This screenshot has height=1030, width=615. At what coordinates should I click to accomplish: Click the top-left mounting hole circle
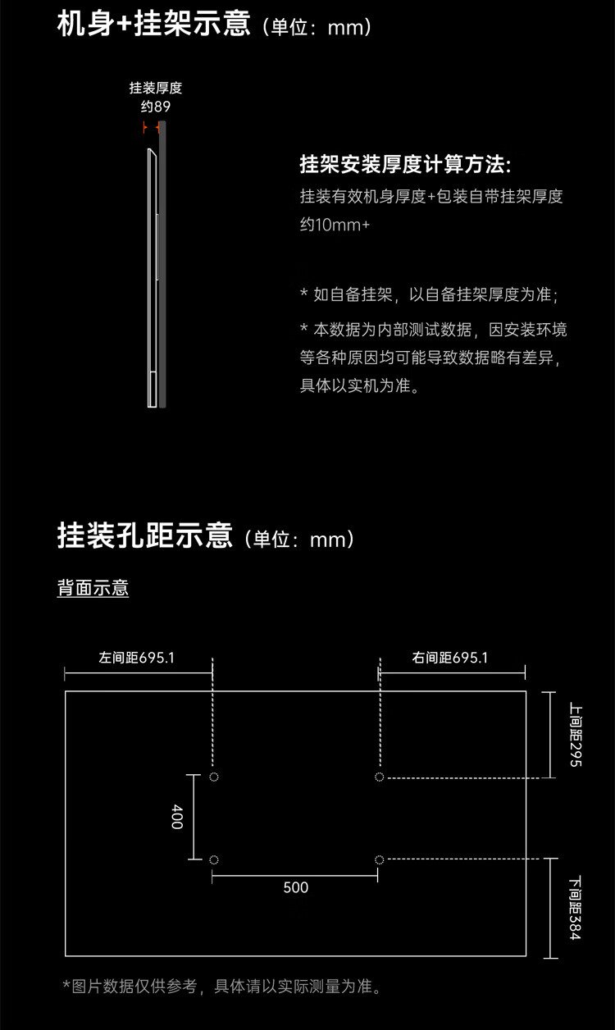[214, 777]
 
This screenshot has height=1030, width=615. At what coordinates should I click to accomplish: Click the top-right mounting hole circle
[379, 777]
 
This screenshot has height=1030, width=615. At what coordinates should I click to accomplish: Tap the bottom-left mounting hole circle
[214, 859]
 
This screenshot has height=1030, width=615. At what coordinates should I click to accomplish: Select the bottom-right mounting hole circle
[379, 859]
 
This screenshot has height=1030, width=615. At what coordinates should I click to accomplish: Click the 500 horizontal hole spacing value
[295, 887]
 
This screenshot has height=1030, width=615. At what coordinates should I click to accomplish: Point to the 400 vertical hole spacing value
[177, 817]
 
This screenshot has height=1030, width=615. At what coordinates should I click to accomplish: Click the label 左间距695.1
[136, 658]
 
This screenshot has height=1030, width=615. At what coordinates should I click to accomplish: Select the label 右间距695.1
[449, 658]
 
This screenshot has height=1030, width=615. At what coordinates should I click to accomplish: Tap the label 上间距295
[576, 734]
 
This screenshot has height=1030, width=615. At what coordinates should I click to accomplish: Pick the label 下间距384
[576, 908]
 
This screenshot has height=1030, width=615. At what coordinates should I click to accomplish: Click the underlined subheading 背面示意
[93, 588]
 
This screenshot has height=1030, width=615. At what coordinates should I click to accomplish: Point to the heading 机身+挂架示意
[154, 24]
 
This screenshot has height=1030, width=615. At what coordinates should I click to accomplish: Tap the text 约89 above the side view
[155, 107]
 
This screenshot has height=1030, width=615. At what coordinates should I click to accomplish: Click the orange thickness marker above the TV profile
[152, 127]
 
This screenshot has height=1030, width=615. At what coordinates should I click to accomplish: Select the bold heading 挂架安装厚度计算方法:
[405, 164]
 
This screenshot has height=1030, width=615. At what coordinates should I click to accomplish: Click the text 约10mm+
[335, 225]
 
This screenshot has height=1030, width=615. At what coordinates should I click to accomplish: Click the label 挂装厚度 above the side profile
[155, 88]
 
